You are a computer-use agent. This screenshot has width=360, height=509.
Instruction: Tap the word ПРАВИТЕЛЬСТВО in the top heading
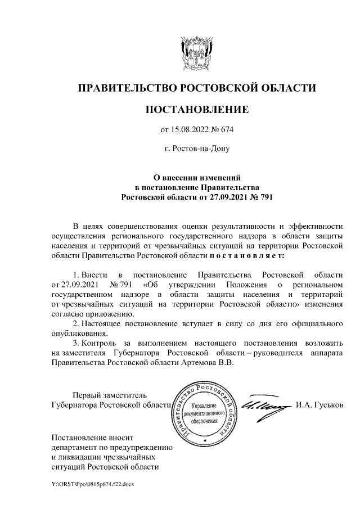(x=127, y=88)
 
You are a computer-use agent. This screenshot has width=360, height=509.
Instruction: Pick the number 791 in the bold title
(x=262, y=198)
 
